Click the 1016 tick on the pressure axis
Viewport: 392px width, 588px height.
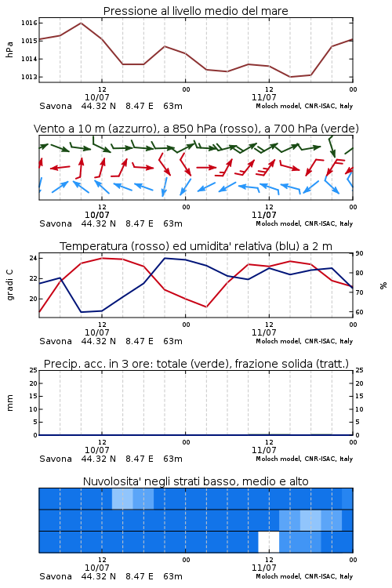pos(29,23)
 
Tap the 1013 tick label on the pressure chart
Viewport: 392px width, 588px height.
pos(29,77)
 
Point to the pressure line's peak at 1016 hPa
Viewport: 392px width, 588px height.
pos(81,23)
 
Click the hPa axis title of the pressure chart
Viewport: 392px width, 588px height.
pos(9,49)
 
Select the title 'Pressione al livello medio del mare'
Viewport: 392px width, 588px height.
pos(196,11)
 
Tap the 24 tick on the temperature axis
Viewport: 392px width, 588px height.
pos(33,258)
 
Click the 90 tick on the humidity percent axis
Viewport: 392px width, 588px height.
pos(359,253)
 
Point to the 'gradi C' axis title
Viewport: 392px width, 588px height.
pos(9,285)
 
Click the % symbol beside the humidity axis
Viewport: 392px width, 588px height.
pos(383,285)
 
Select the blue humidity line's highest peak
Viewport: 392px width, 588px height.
pos(165,258)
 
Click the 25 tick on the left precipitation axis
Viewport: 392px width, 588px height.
pos(33,370)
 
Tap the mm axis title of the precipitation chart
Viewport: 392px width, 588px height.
pos(9,403)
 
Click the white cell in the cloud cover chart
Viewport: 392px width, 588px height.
pos(269,542)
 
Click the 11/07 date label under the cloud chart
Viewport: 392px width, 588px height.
pos(264,568)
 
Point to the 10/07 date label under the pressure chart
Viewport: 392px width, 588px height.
pos(97,97)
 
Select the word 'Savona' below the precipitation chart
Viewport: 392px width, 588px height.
pos(56,459)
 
